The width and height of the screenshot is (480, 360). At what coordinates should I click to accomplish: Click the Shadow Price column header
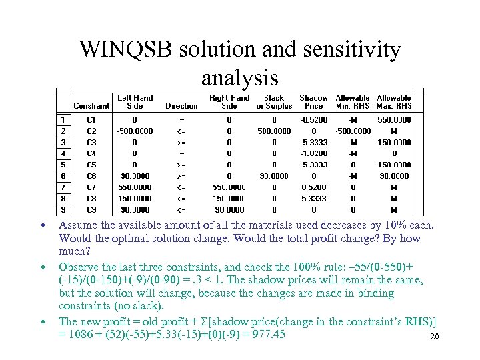click(313, 101)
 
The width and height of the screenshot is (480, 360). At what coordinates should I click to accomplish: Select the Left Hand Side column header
click(135, 101)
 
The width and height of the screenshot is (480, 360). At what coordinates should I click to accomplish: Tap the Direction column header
click(181, 105)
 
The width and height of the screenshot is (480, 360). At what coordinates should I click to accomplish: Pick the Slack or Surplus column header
click(274, 101)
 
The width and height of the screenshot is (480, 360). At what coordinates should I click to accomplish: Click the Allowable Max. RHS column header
click(394, 101)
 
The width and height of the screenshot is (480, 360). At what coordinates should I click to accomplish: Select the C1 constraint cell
click(91, 120)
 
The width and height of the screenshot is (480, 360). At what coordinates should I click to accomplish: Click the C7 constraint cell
click(91, 187)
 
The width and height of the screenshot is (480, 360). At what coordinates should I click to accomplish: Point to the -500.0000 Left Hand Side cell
click(135, 131)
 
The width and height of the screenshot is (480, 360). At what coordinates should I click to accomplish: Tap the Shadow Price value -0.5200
click(313, 120)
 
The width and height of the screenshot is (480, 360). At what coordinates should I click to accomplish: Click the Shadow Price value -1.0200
click(313, 153)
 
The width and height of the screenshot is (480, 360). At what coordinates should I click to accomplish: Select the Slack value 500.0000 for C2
click(274, 131)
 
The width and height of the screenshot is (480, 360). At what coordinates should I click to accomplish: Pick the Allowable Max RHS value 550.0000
click(394, 120)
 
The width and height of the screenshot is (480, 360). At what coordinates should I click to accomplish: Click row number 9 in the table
click(63, 209)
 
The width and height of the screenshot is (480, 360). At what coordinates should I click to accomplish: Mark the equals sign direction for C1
click(181, 120)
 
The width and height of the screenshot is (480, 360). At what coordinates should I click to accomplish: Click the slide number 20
click(435, 337)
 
